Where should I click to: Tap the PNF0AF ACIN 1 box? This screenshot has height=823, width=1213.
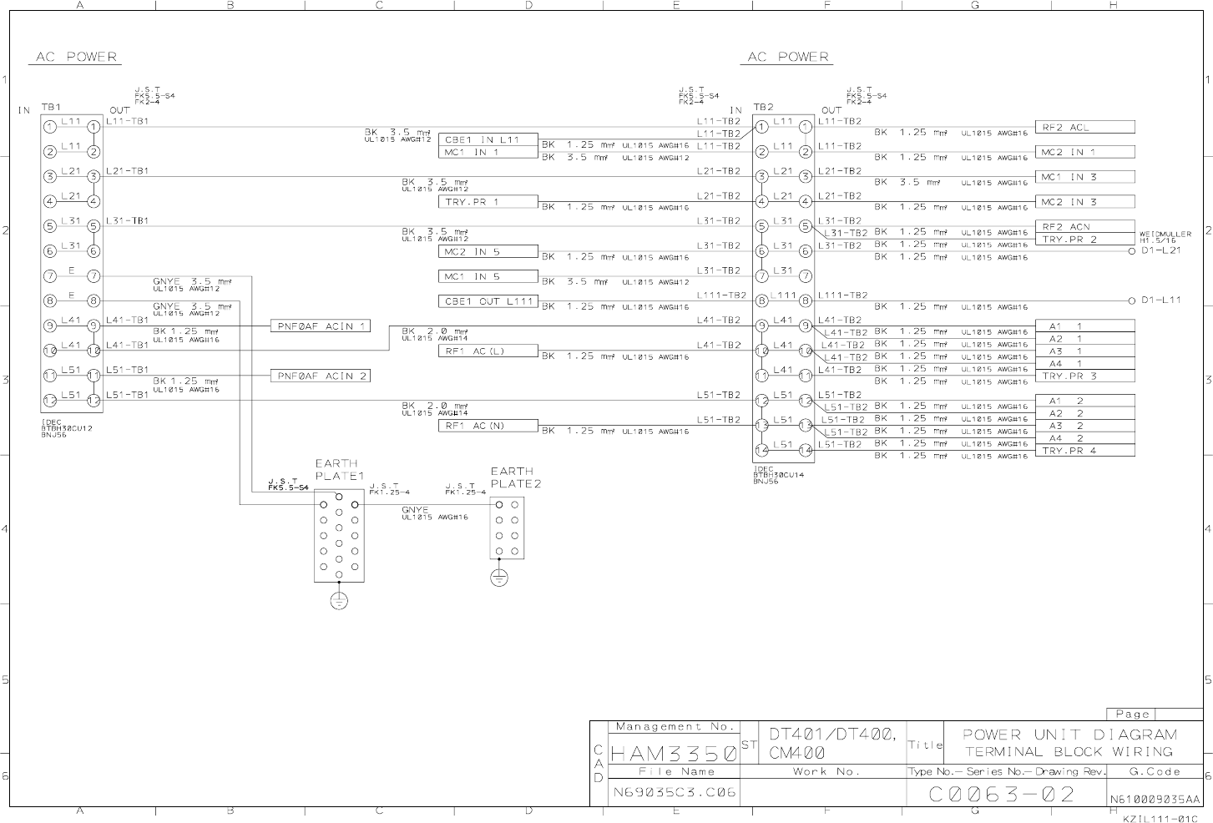click(321, 326)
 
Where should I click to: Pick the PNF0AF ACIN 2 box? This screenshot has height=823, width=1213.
click(321, 376)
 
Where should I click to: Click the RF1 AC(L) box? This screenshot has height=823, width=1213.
click(488, 351)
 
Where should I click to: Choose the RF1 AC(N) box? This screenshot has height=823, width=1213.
click(488, 426)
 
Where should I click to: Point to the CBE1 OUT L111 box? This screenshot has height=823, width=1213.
click(488, 301)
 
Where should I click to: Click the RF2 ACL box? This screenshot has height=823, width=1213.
click(1085, 128)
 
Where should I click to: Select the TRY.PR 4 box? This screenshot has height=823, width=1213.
click(1085, 451)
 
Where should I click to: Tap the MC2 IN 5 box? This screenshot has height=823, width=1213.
click(488, 251)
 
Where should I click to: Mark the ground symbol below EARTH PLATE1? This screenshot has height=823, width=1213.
click(339, 600)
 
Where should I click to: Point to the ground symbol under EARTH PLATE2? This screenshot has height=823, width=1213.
click(498, 578)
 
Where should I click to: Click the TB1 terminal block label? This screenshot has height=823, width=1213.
click(51, 108)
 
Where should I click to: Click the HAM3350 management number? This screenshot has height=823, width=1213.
click(673, 754)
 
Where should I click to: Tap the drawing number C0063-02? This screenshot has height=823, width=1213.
click(1002, 794)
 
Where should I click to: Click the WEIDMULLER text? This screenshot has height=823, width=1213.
click(1165, 235)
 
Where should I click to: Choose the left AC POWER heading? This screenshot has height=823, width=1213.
click(76, 58)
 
